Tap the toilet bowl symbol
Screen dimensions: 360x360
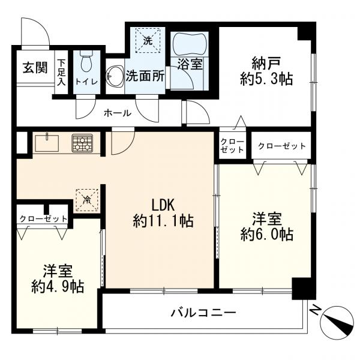(x=85, y=61)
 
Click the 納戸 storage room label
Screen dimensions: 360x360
(x=263, y=61)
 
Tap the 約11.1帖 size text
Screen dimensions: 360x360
(x=163, y=221)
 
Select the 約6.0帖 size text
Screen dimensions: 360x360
(x=267, y=235)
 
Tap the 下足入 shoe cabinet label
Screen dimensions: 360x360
(x=62, y=71)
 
